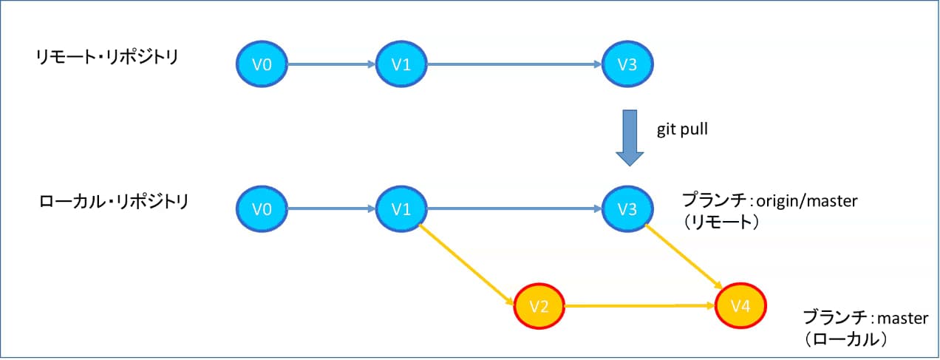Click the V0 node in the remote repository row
click(x=262, y=64)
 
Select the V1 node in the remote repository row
click(x=401, y=64)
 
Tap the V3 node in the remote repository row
click(x=628, y=64)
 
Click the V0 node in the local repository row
click(x=262, y=209)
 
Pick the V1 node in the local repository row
click(x=401, y=209)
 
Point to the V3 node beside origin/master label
click(x=628, y=209)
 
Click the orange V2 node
click(x=539, y=305)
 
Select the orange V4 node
click(x=741, y=305)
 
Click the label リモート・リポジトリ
click(x=106, y=57)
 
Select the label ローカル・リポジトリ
click(x=114, y=201)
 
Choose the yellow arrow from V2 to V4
click(x=639, y=305)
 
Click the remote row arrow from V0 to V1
click(x=331, y=64)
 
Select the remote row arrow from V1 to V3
click(x=514, y=64)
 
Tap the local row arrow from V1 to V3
click(x=514, y=209)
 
